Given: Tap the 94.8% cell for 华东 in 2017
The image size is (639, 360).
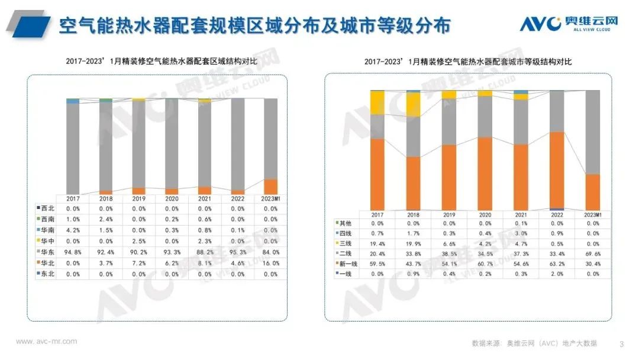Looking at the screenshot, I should [73, 253].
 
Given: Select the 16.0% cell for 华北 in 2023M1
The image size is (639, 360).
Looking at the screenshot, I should [270, 263].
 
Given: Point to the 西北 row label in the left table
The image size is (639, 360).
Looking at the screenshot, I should [47, 209].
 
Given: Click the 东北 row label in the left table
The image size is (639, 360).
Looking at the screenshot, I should [47, 275].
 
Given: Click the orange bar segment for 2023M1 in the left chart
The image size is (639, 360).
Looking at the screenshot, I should [270, 187].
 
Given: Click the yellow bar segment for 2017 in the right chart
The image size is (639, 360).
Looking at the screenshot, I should [377, 102].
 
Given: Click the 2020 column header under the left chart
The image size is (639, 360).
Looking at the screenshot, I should [172, 198].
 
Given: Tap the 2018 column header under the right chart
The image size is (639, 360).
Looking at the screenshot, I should [414, 214].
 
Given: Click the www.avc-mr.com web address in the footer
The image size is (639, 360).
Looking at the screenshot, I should [46, 342].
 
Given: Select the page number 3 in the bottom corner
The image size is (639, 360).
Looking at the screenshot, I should [621, 344].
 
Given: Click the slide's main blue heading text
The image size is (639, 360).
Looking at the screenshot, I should [254, 25].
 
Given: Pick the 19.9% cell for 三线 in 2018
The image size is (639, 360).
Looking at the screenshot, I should [414, 243].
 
